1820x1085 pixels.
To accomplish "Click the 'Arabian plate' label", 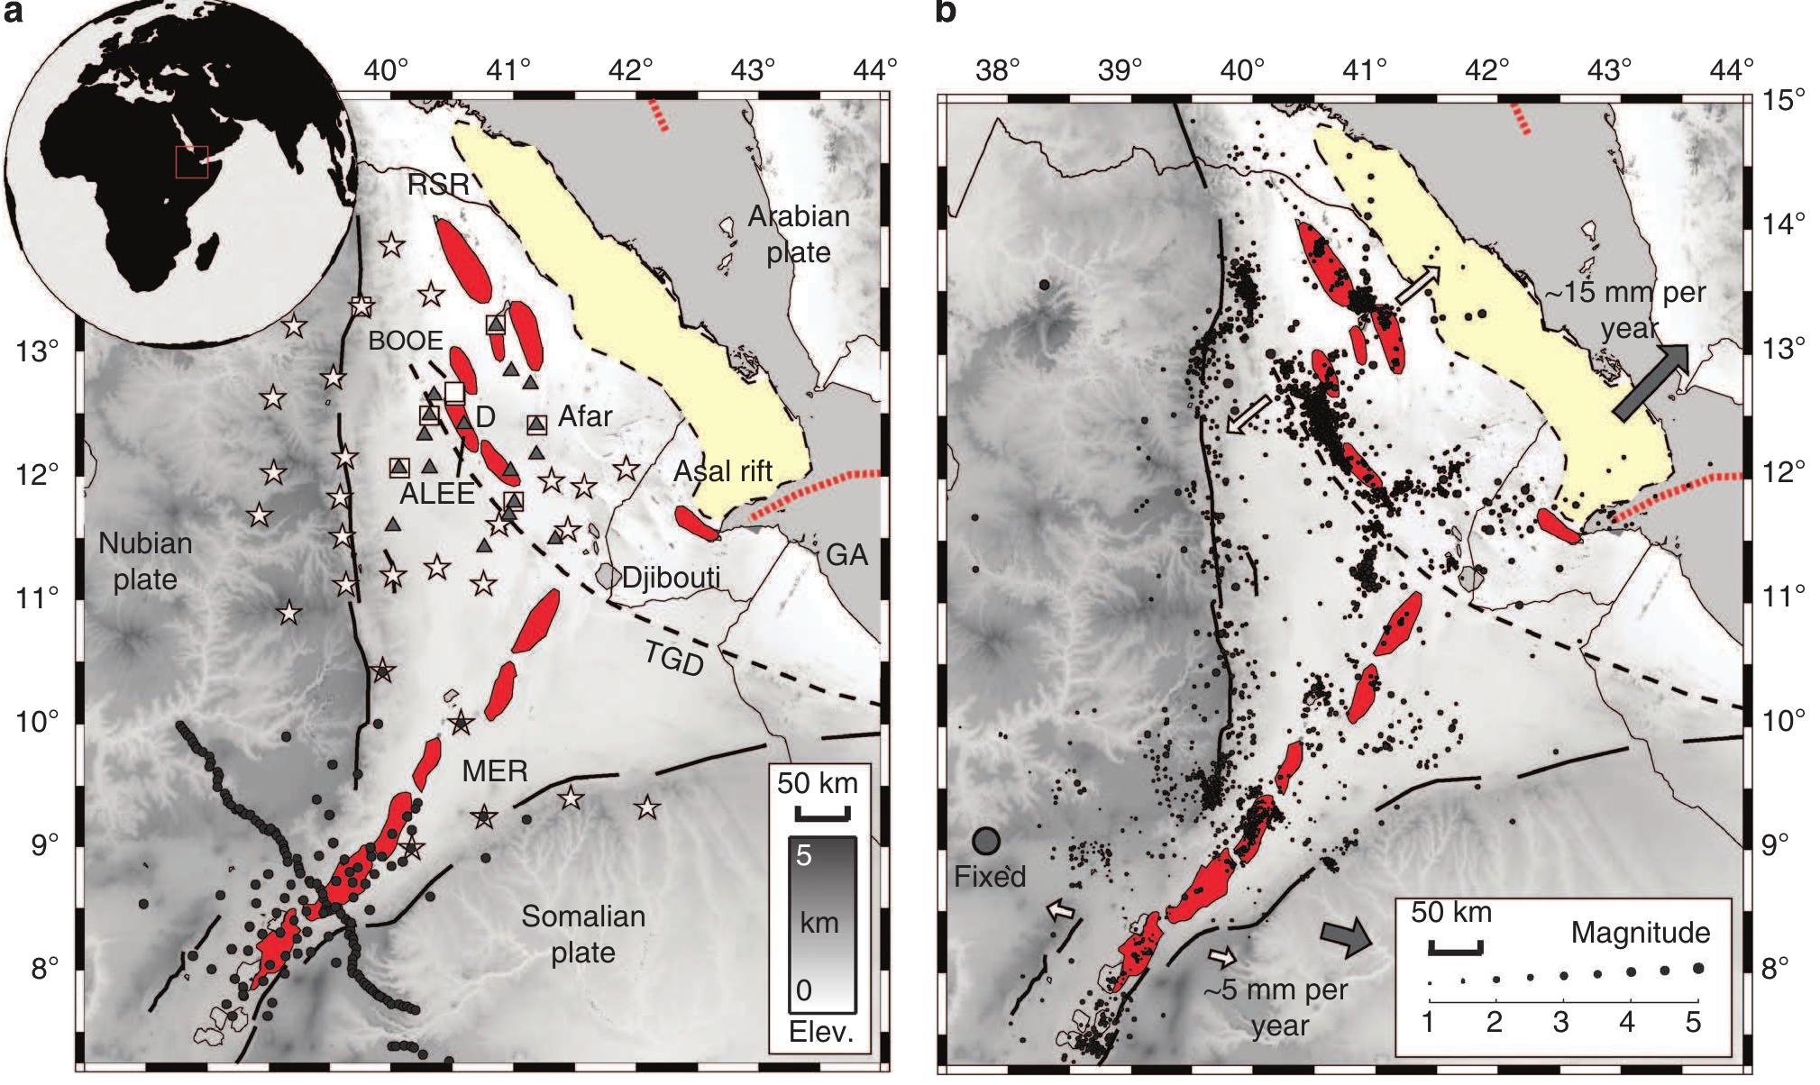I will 799,233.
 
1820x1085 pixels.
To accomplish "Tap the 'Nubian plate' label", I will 145,561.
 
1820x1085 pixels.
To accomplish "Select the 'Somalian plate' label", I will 583,934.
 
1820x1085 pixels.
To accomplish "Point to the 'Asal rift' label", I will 723,470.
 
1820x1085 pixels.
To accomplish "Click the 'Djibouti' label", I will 671,577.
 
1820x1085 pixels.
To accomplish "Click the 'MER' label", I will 494,770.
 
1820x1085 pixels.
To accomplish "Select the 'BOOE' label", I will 406,340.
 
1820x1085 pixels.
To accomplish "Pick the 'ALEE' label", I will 437,493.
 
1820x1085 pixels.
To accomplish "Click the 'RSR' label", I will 438,185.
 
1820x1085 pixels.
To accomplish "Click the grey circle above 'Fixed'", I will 986,841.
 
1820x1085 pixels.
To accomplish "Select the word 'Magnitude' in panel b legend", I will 1640,932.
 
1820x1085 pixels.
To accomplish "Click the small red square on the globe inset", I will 191,161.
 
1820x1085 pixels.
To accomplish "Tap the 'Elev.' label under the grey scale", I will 820,1032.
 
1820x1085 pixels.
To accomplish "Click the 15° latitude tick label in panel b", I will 1784,99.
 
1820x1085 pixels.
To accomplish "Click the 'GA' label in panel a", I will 846,554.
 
